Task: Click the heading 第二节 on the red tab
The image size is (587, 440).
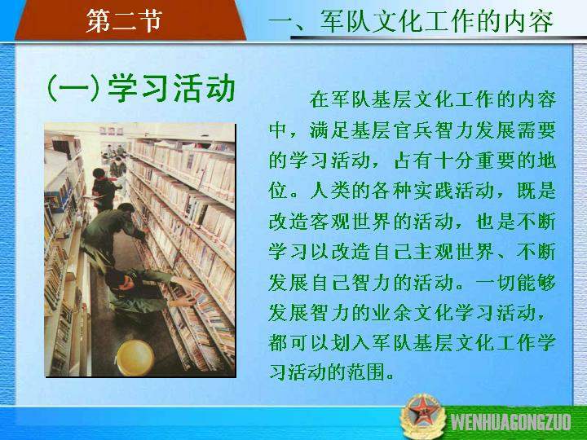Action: point(124,20)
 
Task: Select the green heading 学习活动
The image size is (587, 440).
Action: point(171,88)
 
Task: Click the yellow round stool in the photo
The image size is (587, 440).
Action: point(135,358)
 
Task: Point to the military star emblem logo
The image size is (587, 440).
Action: point(422,416)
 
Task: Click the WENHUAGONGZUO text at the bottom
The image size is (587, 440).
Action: point(511,422)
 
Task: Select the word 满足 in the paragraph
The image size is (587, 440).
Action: point(329,130)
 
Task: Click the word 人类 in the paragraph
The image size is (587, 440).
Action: point(329,191)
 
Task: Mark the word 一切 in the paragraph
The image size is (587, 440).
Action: point(495,282)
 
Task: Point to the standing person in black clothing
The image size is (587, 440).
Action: point(104,189)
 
